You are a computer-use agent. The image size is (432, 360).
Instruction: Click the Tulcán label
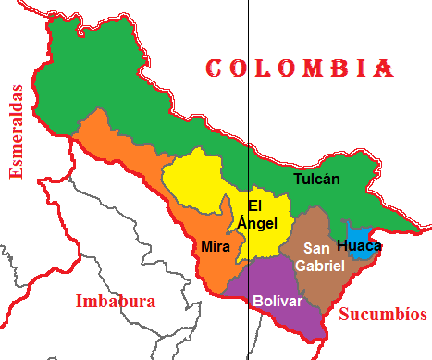tap(317, 179)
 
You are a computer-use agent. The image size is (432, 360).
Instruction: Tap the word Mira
tap(216, 247)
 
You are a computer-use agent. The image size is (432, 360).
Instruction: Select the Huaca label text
tap(358, 245)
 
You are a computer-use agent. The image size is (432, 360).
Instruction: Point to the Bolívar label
tap(278, 302)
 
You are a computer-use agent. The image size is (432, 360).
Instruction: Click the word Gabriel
tap(319, 266)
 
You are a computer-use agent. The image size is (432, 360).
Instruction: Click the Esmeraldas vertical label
tap(15, 131)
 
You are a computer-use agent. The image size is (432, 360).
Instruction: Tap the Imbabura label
tap(116, 302)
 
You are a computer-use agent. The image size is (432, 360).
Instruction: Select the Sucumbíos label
tap(382, 314)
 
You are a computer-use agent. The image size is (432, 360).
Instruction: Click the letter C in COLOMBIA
tap(214, 68)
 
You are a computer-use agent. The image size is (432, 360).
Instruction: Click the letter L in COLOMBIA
tap(266, 68)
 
